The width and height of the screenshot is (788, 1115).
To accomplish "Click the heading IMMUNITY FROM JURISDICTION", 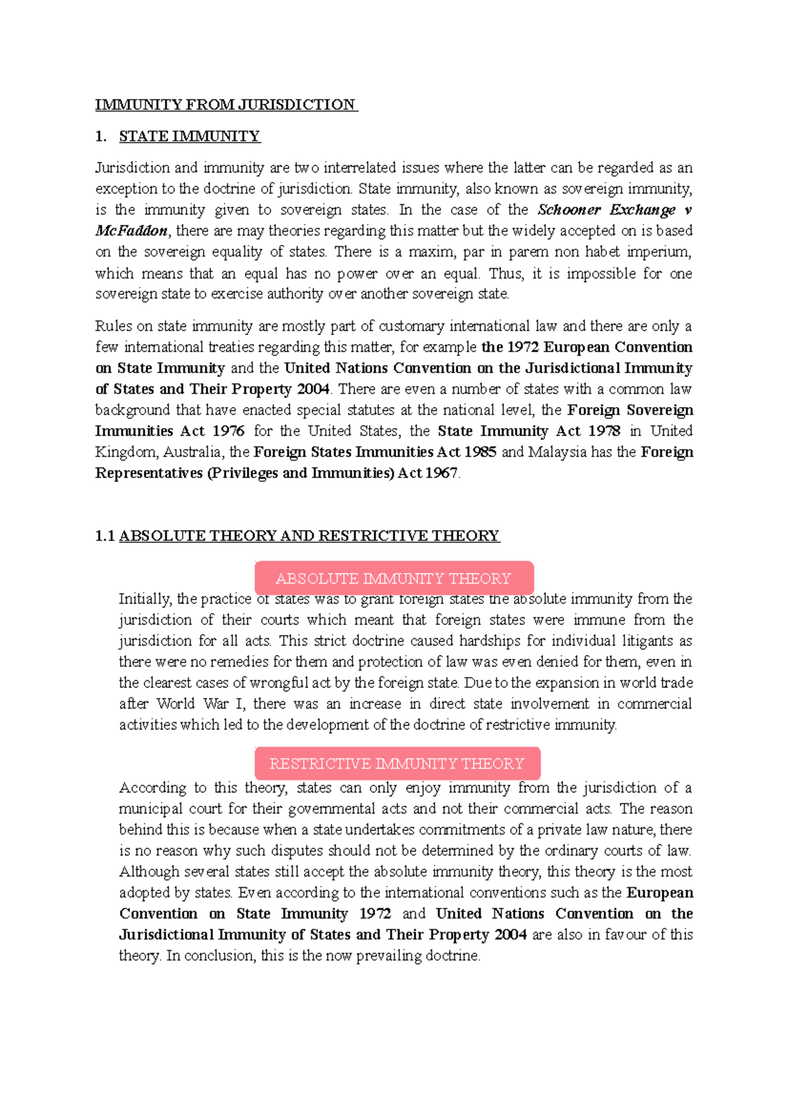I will [225, 105].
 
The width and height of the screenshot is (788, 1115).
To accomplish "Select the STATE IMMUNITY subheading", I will [189, 137].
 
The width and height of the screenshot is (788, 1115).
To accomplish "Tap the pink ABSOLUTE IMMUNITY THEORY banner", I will [393, 578].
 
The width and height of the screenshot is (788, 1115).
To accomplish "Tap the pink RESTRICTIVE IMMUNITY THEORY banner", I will [397, 764].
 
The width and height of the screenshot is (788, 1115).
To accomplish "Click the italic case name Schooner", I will [569, 210].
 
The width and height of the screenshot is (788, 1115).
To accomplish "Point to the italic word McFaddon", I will [131, 231].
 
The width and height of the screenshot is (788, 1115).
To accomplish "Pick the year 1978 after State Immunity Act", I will [603, 431].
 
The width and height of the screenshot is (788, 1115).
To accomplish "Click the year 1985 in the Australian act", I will [480, 452].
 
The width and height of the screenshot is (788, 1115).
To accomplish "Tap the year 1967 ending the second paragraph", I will [441, 473].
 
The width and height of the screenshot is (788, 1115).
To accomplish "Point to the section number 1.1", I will [104, 536].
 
